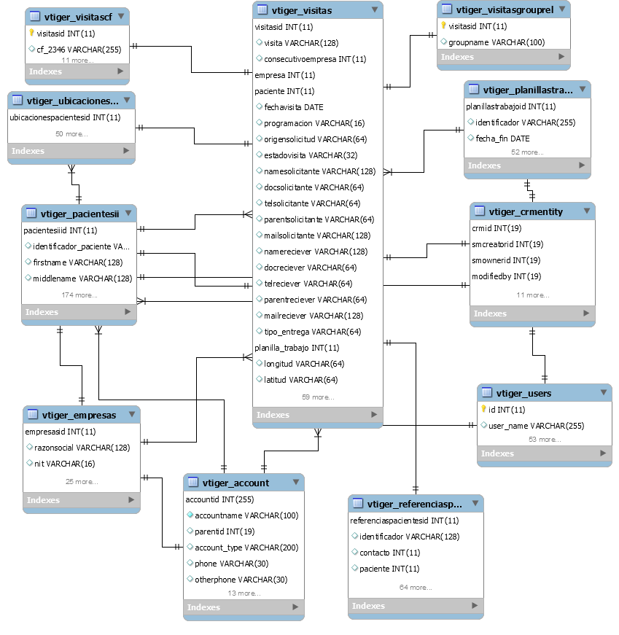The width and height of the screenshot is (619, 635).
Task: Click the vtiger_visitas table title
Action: point(301,10)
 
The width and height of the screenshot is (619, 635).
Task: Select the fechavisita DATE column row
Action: point(294,107)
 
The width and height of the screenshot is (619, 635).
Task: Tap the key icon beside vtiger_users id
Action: point(483,409)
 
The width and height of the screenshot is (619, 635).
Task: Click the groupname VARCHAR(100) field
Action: point(497,42)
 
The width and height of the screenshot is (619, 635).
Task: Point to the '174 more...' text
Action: point(79,295)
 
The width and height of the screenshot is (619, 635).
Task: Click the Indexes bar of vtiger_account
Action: point(244,607)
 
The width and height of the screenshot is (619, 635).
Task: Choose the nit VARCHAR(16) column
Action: point(64,464)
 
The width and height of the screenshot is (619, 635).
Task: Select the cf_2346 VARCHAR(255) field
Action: point(79,50)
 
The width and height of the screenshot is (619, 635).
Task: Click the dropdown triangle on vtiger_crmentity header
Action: point(587,211)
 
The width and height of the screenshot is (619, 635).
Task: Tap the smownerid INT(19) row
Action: point(506,260)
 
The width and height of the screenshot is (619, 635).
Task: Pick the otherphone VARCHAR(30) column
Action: point(241,580)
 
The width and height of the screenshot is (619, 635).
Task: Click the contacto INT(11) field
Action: point(390,553)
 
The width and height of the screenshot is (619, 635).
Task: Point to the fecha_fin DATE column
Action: point(502,139)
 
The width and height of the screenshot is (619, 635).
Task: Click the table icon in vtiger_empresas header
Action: point(33,414)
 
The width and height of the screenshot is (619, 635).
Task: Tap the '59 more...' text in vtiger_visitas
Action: point(318,397)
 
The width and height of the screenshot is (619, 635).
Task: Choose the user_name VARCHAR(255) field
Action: point(537,426)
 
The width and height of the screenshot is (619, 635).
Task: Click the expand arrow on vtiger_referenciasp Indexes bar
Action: point(475,605)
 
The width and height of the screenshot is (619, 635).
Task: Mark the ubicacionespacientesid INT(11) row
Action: point(65,117)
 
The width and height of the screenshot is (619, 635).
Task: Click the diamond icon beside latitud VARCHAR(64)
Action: point(260,379)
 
